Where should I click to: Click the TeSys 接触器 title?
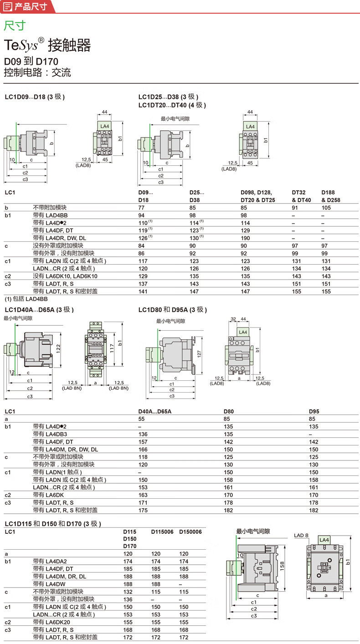tap(47, 46)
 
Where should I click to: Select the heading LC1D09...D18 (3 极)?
tap(35, 97)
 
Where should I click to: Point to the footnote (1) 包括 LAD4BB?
tap(26, 299)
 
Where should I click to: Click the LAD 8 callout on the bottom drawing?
tap(301, 536)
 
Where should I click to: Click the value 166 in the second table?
tap(143, 449)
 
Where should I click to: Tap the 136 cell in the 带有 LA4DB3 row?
tap(143, 434)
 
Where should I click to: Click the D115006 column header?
tap(162, 532)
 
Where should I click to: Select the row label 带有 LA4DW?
tap(50, 584)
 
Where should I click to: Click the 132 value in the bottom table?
tap(128, 592)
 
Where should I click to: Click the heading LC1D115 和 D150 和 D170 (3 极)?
tap(53, 524)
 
